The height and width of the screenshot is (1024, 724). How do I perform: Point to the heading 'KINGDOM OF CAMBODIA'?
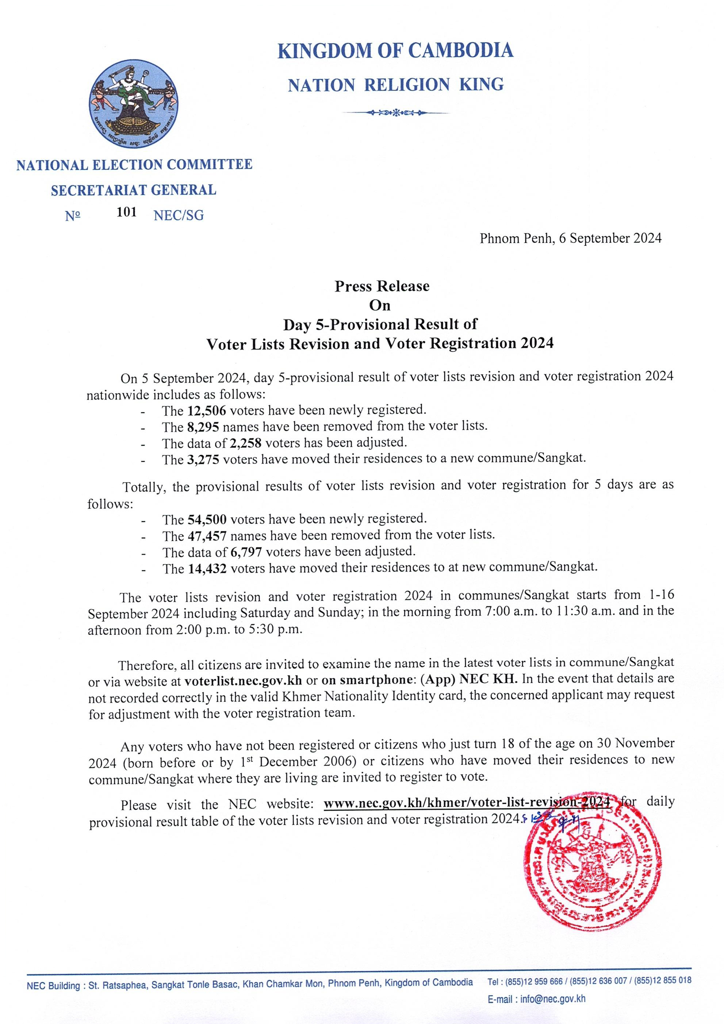[x=395, y=50]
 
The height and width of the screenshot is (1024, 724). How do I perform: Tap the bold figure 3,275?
[x=203, y=459]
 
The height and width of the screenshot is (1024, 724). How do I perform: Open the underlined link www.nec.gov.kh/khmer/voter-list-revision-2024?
[x=466, y=802]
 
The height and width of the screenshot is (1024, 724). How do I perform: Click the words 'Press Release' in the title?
[x=382, y=286]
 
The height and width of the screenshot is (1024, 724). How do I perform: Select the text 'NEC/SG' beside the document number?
[x=178, y=215]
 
